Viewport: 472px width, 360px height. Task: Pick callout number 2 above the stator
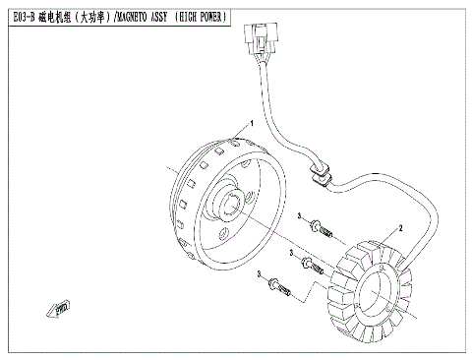400,229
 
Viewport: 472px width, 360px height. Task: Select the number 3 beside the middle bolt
292,253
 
